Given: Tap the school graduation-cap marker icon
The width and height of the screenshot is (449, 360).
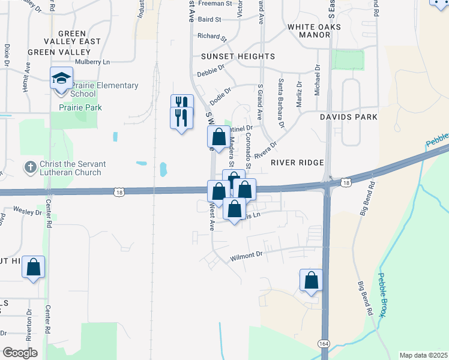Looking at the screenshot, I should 61,79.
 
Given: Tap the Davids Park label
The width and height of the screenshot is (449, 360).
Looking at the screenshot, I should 348,116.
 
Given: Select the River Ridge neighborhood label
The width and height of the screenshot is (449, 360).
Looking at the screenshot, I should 297,163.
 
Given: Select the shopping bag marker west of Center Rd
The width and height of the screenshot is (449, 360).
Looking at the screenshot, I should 34,268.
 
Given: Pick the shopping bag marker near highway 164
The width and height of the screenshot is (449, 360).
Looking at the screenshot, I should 311,280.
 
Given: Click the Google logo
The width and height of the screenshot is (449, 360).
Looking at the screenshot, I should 20,353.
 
